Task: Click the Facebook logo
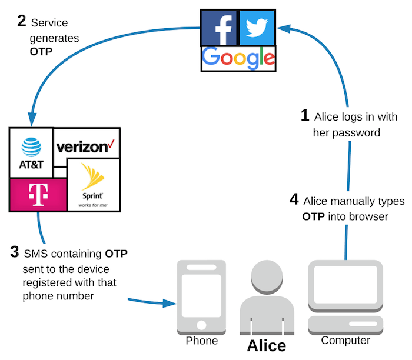(x=219, y=28)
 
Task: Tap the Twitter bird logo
(x=257, y=28)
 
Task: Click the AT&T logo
(x=31, y=153)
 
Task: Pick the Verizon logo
(x=87, y=146)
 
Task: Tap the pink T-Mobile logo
(x=37, y=195)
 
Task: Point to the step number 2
(x=22, y=22)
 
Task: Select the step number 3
(x=15, y=253)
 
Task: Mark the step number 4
(x=294, y=200)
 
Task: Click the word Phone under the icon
(x=202, y=341)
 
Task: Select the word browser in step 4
(x=368, y=216)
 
